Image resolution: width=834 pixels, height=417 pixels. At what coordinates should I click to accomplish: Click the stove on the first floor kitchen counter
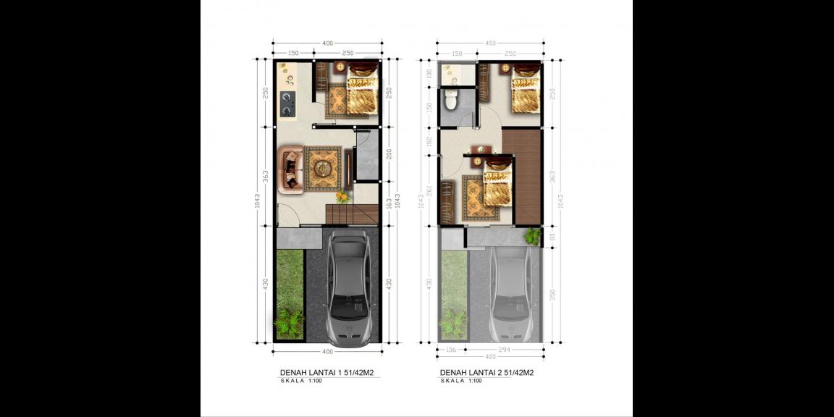[288, 104]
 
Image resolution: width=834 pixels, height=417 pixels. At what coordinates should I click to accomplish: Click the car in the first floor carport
[351, 288]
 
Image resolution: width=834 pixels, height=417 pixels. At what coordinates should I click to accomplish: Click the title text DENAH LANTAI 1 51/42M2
[332, 373]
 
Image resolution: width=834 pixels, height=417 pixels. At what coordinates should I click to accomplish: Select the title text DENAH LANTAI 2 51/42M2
[486, 373]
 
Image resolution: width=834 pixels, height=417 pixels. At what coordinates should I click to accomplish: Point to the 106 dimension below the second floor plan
[452, 349]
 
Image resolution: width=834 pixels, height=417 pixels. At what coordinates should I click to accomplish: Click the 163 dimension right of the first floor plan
[388, 204]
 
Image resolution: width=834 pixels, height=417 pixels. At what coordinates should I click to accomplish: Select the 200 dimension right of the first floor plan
[388, 154]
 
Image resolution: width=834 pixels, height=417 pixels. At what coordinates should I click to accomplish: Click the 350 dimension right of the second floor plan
[552, 296]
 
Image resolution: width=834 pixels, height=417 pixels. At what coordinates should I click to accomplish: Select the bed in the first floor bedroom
[361, 90]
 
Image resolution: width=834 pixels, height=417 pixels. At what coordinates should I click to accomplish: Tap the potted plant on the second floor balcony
[533, 236]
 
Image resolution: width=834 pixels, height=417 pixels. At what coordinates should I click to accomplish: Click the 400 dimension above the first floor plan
[327, 43]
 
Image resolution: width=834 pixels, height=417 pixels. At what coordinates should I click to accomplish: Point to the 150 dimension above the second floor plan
[457, 54]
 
